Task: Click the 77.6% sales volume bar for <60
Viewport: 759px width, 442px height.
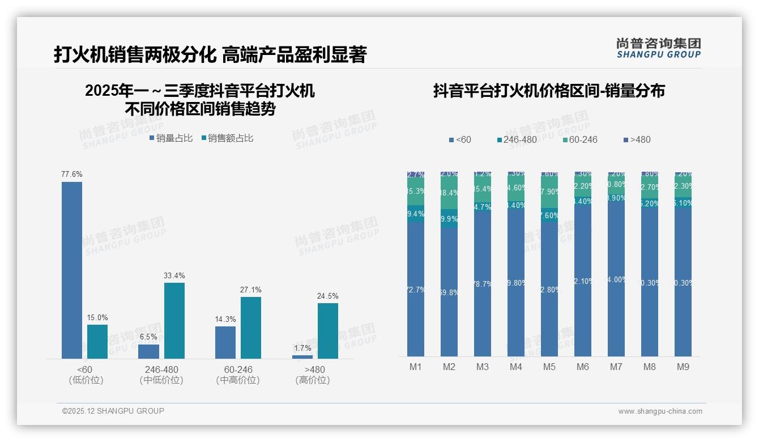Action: click(x=72, y=270)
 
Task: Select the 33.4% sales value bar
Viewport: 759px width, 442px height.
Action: click(x=174, y=320)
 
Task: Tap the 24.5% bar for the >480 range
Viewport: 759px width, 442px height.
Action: click(x=327, y=330)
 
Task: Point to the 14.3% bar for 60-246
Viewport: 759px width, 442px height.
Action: click(x=225, y=342)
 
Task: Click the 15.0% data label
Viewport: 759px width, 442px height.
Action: click(x=97, y=317)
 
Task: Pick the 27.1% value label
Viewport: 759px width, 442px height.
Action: click(x=251, y=290)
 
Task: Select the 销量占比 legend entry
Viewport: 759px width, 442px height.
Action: click(x=170, y=138)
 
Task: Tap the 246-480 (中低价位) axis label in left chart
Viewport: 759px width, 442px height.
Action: click(x=161, y=375)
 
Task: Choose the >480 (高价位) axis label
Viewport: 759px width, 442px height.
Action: click(x=312, y=375)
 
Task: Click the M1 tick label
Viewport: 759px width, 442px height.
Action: click(x=416, y=367)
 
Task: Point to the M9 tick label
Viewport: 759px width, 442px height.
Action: click(x=683, y=367)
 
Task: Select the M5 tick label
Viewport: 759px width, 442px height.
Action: click(x=549, y=367)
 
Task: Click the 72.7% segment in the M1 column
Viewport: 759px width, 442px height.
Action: click(x=416, y=290)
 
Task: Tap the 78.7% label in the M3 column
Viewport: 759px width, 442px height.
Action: click(x=483, y=284)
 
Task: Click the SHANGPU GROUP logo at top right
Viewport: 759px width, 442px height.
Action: click(x=658, y=48)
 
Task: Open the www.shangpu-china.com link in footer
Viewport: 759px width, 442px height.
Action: click(x=660, y=411)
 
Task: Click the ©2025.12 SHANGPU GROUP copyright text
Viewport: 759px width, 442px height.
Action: click(x=113, y=411)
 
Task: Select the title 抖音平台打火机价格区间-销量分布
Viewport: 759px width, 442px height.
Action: click(x=549, y=91)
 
